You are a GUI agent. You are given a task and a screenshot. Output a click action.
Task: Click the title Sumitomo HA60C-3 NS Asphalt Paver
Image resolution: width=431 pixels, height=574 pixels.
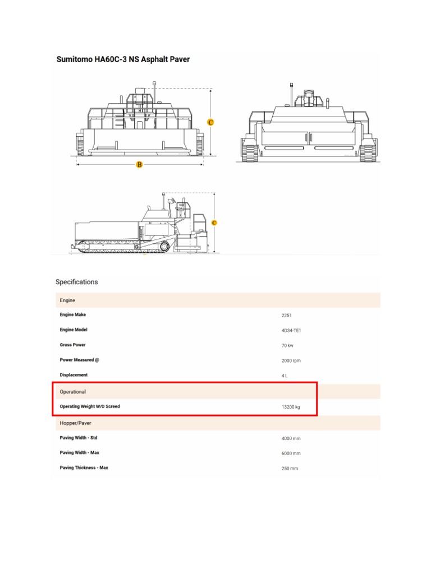click(x=123, y=59)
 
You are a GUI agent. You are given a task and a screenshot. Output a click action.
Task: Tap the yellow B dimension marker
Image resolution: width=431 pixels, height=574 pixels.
click(x=139, y=164)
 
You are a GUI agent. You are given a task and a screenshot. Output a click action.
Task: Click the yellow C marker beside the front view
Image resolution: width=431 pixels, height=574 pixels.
click(x=210, y=122)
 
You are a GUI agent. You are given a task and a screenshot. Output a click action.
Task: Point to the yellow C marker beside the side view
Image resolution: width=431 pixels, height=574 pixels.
click(x=214, y=223)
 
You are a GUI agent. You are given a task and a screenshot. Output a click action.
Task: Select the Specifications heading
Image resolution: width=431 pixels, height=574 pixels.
click(x=76, y=282)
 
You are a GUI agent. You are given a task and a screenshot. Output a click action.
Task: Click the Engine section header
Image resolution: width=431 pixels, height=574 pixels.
click(x=67, y=300)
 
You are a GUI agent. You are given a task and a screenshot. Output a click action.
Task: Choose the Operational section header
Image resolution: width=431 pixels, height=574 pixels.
click(x=73, y=391)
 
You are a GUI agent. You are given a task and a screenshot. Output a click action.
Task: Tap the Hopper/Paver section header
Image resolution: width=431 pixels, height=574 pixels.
click(x=75, y=423)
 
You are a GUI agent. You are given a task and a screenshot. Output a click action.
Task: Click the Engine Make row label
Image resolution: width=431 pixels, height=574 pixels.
click(x=73, y=315)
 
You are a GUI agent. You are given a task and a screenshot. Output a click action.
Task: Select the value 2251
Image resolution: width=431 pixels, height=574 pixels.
click(x=287, y=316)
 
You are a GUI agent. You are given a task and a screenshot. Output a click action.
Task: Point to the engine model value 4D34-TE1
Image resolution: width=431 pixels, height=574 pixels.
click(x=292, y=331)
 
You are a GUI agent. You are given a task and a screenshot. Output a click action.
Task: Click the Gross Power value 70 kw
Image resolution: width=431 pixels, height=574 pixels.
click(x=287, y=346)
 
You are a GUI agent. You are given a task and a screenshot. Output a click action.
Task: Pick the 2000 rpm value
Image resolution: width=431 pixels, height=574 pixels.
click(x=291, y=360)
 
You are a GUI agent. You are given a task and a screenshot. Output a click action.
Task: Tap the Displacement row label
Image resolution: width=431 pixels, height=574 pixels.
click(x=74, y=374)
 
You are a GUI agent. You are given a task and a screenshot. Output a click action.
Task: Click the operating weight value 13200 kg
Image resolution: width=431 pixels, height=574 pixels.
click(x=291, y=407)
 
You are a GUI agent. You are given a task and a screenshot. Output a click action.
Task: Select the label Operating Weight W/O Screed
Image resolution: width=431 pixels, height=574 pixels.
click(x=90, y=406)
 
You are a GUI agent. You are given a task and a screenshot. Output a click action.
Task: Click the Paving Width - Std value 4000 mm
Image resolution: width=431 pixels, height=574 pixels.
click(x=291, y=438)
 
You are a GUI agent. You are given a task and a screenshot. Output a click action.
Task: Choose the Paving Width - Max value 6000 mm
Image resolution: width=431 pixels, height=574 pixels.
click(x=291, y=453)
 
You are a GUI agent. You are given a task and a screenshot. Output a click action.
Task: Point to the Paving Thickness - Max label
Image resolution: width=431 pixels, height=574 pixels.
click(x=84, y=467)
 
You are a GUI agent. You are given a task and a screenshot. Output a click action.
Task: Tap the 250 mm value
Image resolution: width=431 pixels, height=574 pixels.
click(x=290, y=468)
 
